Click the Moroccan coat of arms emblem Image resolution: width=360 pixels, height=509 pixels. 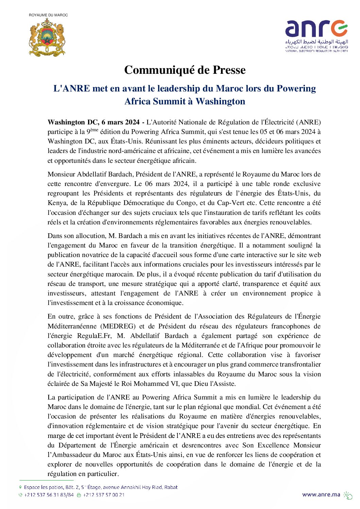pos(47,37)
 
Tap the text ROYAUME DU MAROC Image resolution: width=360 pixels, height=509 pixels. pos(48,15)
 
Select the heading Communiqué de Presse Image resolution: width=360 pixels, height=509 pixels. pos(185,70)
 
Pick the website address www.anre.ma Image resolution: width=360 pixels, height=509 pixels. pos(321,494)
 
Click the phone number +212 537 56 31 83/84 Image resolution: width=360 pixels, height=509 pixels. pos(49,495)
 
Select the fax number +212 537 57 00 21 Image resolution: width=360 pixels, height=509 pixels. pos(104,495)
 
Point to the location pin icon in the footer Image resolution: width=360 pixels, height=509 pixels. pos(20,487)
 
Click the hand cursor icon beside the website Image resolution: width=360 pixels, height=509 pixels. pos(348,495)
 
